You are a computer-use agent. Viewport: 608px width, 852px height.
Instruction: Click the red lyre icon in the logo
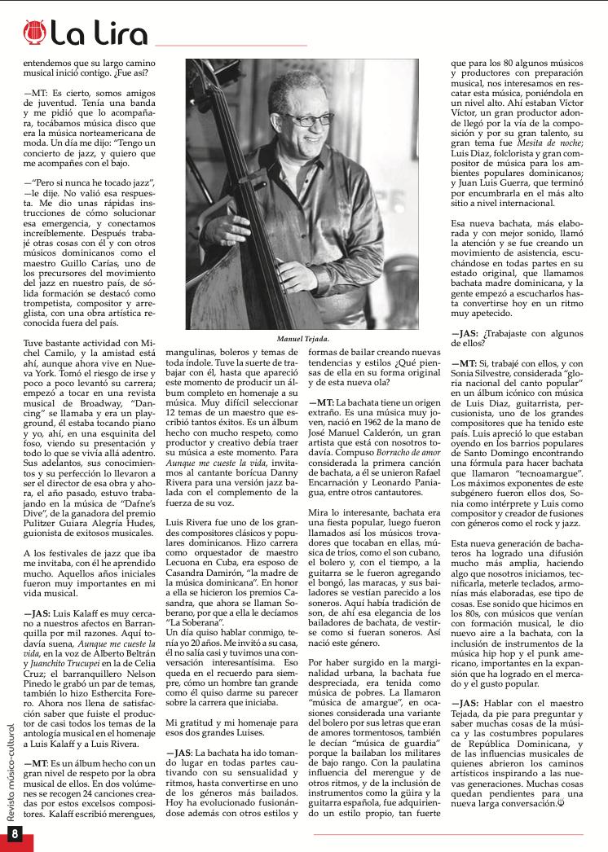point(34,33)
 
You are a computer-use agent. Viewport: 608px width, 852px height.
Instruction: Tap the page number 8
point(15,833)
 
